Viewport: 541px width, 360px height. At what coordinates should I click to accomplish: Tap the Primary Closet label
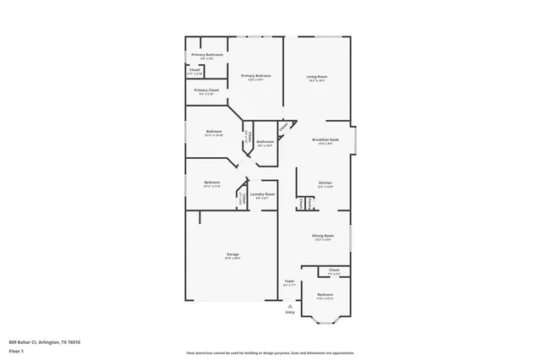[x=207, y=90]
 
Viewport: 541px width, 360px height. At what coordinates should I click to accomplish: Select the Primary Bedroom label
[x=255, y=76]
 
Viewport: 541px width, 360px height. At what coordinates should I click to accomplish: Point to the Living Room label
[x=317, y=77]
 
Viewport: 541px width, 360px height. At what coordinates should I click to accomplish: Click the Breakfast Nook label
[x=325, y=139]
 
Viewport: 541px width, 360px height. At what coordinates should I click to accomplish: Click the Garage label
[x=232, y=254]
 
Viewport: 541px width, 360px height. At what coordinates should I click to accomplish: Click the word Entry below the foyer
[x=290, y=312]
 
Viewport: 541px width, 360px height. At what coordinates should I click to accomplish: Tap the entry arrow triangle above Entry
[x=290, y=305]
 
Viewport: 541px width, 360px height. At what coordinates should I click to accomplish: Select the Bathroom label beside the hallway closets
[x=265, y=141]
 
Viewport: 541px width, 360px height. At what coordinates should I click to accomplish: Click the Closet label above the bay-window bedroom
[x=333, y=271]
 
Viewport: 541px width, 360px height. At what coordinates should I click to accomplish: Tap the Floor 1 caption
[x=17, y=350]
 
